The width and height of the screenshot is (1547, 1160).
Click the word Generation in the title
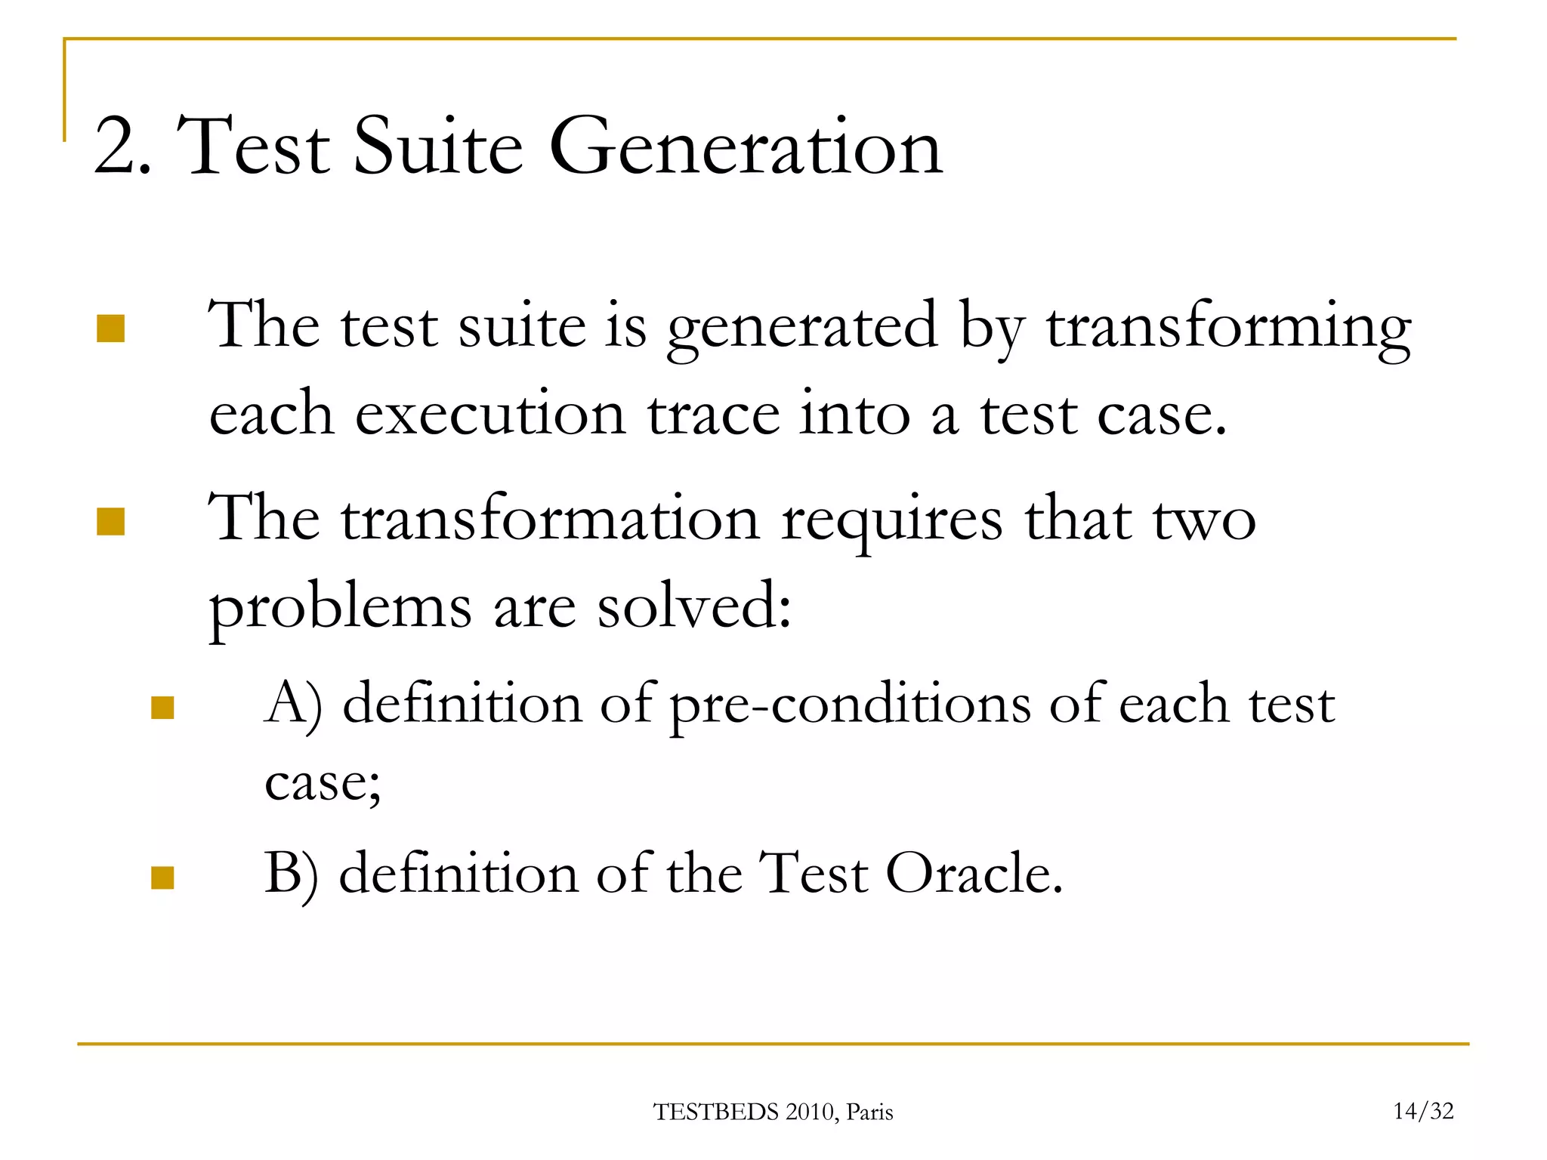[746, 147]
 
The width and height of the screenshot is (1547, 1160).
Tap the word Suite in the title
[438, 147]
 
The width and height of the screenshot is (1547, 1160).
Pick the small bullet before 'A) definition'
[162, 708]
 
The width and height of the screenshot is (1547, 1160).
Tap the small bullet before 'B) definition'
[162, 878]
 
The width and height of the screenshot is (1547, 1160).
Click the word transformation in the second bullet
[551, 521]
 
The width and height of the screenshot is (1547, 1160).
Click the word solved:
[694, 607]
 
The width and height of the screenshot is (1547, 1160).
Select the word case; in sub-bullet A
[323, 784]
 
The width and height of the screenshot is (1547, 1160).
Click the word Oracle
[974, 875]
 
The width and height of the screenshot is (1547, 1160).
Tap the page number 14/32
[1423, 1111]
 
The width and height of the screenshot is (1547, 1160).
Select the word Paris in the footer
[869, 1112]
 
